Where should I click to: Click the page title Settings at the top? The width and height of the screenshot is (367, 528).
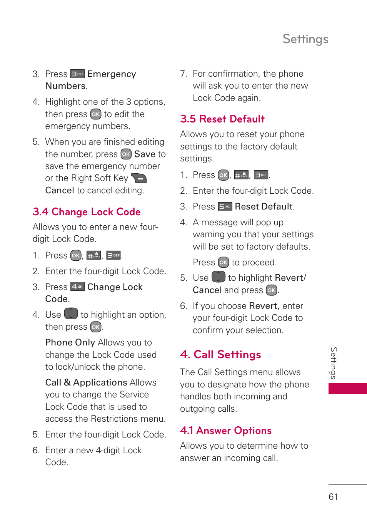(x=305, y=39)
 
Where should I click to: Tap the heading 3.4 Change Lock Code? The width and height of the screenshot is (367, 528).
(x=87, y=212)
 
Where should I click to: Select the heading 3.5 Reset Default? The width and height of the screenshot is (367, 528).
(x=222, y=119)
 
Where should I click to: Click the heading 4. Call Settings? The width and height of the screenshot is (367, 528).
(x=220, y=354)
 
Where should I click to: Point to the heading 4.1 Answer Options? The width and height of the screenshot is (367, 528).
(x=226, y=431)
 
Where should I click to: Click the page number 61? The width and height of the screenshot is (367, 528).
(x=333, y=497)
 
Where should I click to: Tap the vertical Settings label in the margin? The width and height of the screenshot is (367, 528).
(x=334, y=363)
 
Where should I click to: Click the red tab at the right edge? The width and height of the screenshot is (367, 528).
(x=347, y=388)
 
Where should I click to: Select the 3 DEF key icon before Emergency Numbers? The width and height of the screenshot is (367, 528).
(x=77, y=74)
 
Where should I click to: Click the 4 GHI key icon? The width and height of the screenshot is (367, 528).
(x=77, y=287)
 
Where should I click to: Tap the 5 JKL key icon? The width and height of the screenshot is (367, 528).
(x=225, y=207)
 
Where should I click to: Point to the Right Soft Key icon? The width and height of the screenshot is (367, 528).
(x=139, y=178)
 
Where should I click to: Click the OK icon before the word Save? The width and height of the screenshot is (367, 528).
(x=126, y=154)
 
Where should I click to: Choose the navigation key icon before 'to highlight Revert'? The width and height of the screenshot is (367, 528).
(x=219, y=277)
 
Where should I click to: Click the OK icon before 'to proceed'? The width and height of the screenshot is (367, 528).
(x=224, y=263)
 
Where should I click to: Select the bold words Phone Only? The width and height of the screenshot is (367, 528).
(x=70, y=342)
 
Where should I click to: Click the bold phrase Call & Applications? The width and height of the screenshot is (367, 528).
(x=86, y=382)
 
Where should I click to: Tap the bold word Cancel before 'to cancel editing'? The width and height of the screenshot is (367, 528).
(x=60, y=190)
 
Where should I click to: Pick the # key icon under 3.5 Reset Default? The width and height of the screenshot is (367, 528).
(x=241, y=175)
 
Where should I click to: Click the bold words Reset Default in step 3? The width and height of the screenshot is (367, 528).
(x=264, y=207)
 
